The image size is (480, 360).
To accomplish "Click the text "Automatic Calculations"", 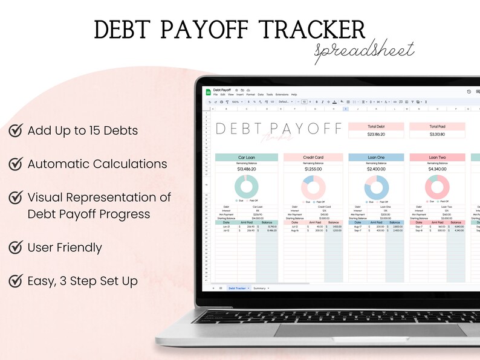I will pos(97,164).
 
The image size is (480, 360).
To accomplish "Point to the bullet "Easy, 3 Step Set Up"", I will pos(82,281).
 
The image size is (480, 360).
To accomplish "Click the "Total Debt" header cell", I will pos(375,126).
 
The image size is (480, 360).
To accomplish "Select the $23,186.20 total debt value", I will pos(375,134).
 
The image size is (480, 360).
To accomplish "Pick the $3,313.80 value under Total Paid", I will pos(437,134).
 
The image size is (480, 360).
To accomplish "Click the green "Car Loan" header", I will pos(246,158).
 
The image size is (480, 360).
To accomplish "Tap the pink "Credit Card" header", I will pos(313,158).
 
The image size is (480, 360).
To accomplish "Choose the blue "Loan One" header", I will pos(375,158).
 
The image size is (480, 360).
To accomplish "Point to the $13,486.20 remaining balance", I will pos(246,170).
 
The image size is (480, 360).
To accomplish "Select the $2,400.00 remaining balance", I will pos(375,170).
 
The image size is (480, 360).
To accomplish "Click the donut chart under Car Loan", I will pos(246,186).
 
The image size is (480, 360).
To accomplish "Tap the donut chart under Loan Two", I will pos(437,186).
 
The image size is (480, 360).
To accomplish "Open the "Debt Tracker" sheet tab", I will pos(237,289).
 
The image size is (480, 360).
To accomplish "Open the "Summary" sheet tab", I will pos(260,289).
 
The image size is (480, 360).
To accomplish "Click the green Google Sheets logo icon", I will pos(208,92).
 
